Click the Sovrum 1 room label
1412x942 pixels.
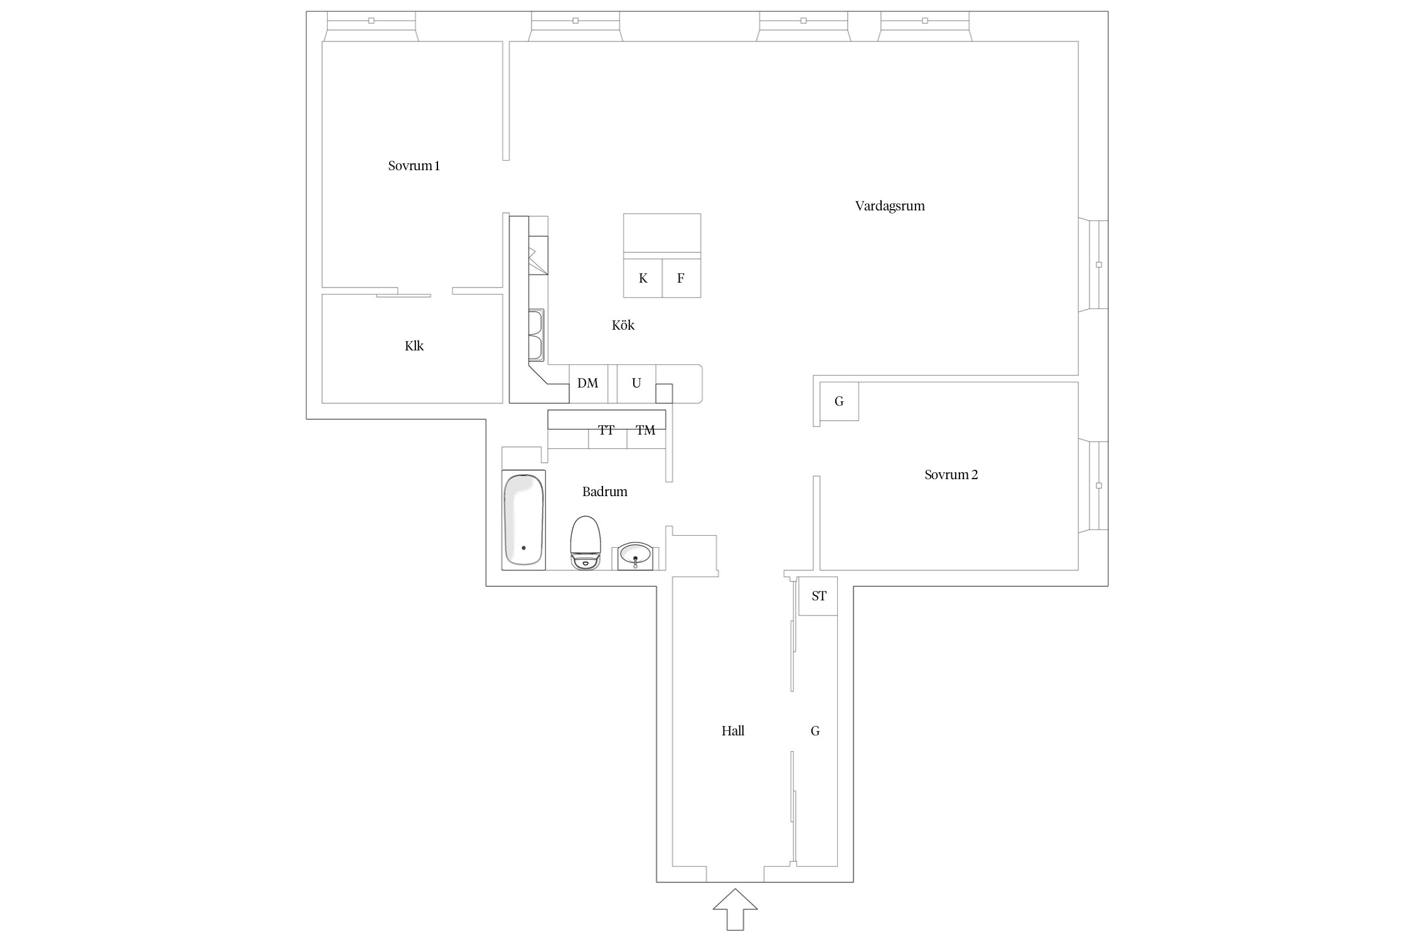point(414,166)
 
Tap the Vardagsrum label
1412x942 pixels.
point(889,206)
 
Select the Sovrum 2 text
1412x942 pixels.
point(951,475)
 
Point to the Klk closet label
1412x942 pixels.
point(414,346)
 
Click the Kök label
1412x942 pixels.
point(623,325)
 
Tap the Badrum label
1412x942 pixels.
point(604,492)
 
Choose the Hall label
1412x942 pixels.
point(732,731)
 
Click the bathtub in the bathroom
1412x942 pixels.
point(523,520)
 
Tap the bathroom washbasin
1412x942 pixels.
point(636,556)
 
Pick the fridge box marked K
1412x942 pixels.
point(643,278)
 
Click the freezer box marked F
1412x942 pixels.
point(681,278)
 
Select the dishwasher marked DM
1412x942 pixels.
point(588,383)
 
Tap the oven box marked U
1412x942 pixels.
point(636,383)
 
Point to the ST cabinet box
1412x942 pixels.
point(818,596)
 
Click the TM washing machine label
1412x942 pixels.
point(645,430)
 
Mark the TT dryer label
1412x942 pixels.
point(606,430)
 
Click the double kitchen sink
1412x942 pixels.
point(537,335)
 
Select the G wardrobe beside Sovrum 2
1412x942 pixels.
point(839,401)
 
